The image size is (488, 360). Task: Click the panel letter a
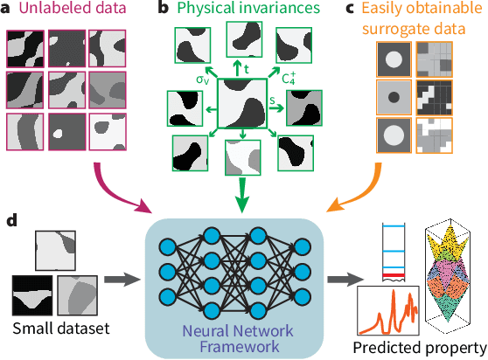8,10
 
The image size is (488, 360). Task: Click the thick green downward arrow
241,197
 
